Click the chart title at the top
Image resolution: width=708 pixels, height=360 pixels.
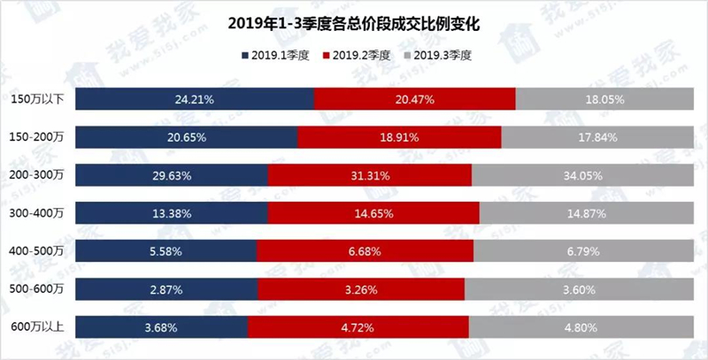coord(353,24)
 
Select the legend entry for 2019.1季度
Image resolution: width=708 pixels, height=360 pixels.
coord(275,56)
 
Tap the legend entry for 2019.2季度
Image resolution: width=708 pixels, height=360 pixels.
coord(357,56)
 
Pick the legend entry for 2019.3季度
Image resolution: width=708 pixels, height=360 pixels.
coord(438,56)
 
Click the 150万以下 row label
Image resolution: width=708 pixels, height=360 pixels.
coord(38,99)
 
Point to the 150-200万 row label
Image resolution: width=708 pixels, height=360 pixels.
coord(36,137)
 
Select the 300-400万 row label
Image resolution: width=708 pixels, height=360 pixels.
coord(36,213)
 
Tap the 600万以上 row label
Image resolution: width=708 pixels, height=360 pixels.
coord(38,327)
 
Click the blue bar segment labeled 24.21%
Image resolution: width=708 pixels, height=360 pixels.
coord(195,99)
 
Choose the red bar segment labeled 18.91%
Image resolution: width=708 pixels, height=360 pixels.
coord(399,137)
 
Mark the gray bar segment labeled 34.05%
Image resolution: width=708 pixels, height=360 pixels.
coord(582,175)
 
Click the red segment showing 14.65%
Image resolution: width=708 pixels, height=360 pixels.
coord(373,213)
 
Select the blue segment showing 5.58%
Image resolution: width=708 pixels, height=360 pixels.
coord(165,251)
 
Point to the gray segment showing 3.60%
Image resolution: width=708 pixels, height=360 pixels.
coord(579,289)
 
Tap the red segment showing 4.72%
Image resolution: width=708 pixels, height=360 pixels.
coord(358,327)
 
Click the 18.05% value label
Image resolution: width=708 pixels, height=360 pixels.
coord(605,99)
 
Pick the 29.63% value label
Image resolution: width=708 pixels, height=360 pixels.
coord(172,175)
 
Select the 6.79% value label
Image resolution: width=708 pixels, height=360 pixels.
coord(583,251)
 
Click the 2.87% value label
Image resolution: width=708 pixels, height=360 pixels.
coord(166,289)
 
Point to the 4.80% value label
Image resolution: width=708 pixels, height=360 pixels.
coord(581,327)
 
